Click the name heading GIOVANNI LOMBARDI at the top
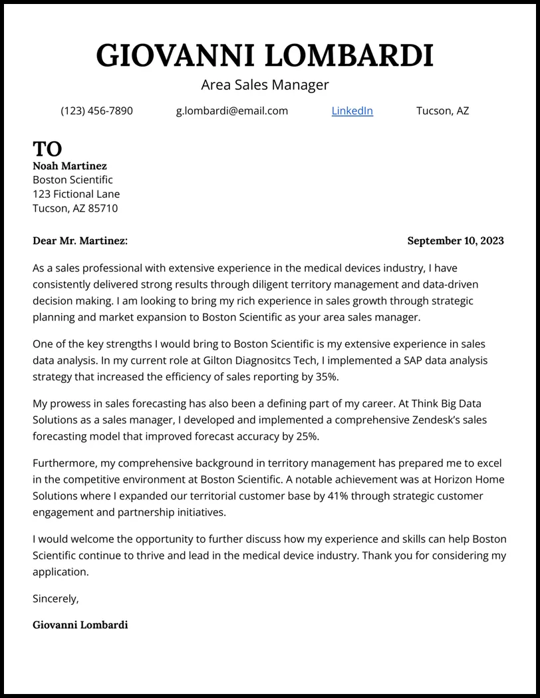pos(265,55)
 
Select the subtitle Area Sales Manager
pos(265,85)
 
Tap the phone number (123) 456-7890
pos(96,111)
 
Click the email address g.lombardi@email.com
pos(231,111)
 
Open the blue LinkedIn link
pos(352,111)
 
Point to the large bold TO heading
pos(47,149)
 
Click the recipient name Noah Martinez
pos(70,166)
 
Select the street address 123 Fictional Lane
pos(76,194)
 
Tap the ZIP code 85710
pos(103,208)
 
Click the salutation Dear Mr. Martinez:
pos(80,241)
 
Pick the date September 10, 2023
pos(455,241)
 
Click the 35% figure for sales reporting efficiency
pos(326,377)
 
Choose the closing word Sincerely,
pos(56,599)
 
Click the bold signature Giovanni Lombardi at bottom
pos(80,625)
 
